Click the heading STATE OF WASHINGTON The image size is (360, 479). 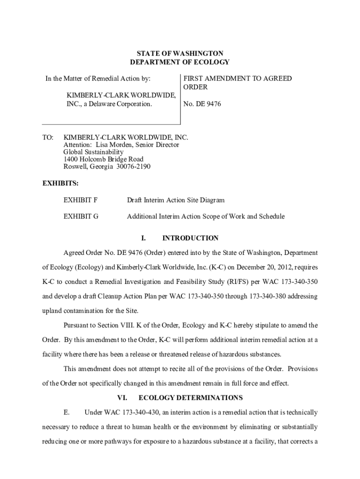(180, 54)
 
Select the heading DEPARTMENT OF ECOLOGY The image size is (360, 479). (180, 62)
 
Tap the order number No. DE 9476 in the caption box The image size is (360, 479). (202, 104)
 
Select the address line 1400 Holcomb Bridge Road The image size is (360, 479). (103, 159)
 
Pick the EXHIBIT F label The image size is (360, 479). (80, 200)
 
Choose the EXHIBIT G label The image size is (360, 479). (81, 217)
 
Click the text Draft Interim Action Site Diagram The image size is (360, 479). (176, 200)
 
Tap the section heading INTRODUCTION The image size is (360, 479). (190, 238)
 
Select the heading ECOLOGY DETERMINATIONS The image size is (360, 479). (191, 398)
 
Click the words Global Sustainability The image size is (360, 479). (94, 152)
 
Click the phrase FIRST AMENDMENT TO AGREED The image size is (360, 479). (237, 79)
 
